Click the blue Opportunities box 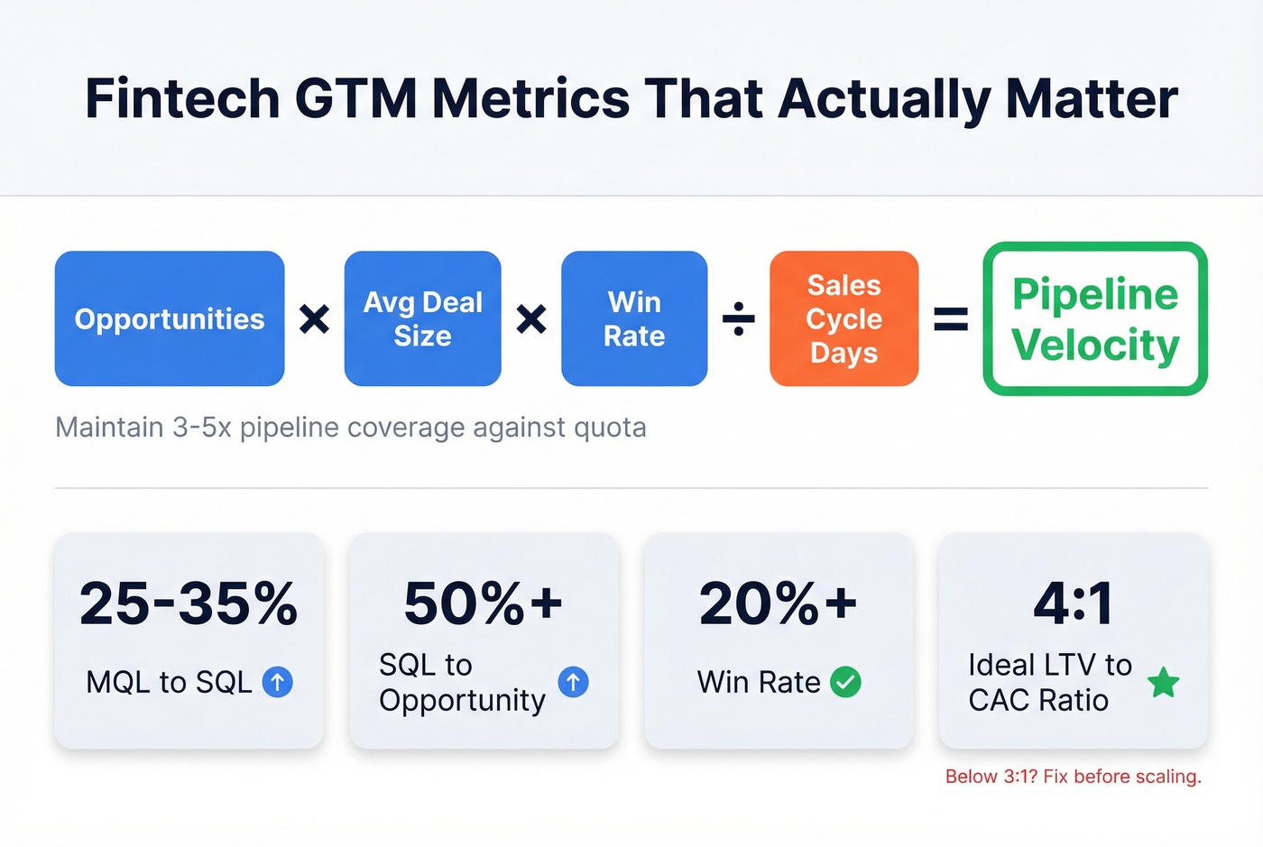pos(170,318)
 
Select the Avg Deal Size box pos(422,318)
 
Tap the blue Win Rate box pos(634,318)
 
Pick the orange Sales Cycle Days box pos(844,318)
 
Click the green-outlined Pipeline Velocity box pos(1095,318)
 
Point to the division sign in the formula pos(739,318)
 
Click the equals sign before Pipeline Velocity pos(950,318)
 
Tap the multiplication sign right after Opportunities pos(314,318)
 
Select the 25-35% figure pos(189,603)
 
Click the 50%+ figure pos(484,603)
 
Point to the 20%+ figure pos(778,603)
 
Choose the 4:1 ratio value pos(1073,603)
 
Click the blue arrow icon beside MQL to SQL pos(277,682)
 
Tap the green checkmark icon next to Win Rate pos(845,682)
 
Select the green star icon pos(1164,683)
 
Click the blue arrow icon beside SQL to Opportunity pos(573,682)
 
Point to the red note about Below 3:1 pos(1073,777)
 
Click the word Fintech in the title pos(182,98)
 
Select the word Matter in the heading pos(1092,98)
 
